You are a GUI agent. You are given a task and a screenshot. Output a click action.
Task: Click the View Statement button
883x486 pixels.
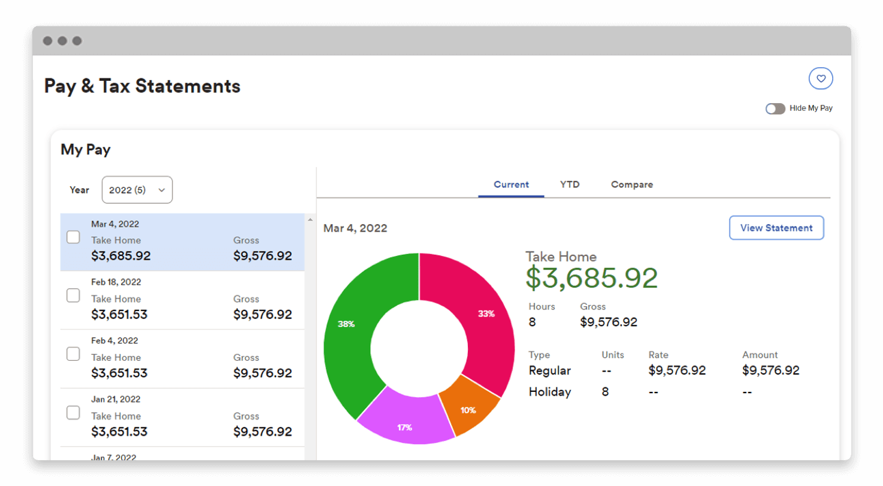click(776, 228)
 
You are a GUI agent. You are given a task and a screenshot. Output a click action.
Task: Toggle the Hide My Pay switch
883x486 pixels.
click(775, 108)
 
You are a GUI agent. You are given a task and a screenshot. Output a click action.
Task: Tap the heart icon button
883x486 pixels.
click(821, 79)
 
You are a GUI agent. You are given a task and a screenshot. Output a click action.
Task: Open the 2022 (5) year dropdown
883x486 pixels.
click(137, 190)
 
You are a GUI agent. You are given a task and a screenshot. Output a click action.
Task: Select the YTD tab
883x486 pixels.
click(570, 185)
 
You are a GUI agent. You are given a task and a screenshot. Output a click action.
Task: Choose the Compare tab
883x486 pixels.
click(632, 185)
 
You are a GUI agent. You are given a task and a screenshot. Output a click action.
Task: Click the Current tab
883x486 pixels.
click(511, 185)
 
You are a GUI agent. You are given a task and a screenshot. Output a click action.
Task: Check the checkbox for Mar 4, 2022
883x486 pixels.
click(73, 237)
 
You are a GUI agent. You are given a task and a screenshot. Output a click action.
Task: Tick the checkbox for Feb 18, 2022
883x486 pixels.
click(73, 295)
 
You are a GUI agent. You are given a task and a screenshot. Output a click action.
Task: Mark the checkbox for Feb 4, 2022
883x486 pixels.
click(73, 354)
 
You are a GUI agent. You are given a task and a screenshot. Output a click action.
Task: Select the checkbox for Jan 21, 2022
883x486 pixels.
click(73, 413)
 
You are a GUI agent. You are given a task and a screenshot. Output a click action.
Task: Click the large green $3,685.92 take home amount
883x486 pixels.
click(591, 277)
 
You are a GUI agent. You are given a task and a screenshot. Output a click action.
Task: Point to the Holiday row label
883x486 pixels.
click(549, 392)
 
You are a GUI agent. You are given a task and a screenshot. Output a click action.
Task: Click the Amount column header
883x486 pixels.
click(760, 355)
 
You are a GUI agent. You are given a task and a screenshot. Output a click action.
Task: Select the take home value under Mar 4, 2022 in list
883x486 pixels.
click(121, 256)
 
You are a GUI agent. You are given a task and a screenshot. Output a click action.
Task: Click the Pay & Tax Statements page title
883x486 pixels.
click(142, 86)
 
